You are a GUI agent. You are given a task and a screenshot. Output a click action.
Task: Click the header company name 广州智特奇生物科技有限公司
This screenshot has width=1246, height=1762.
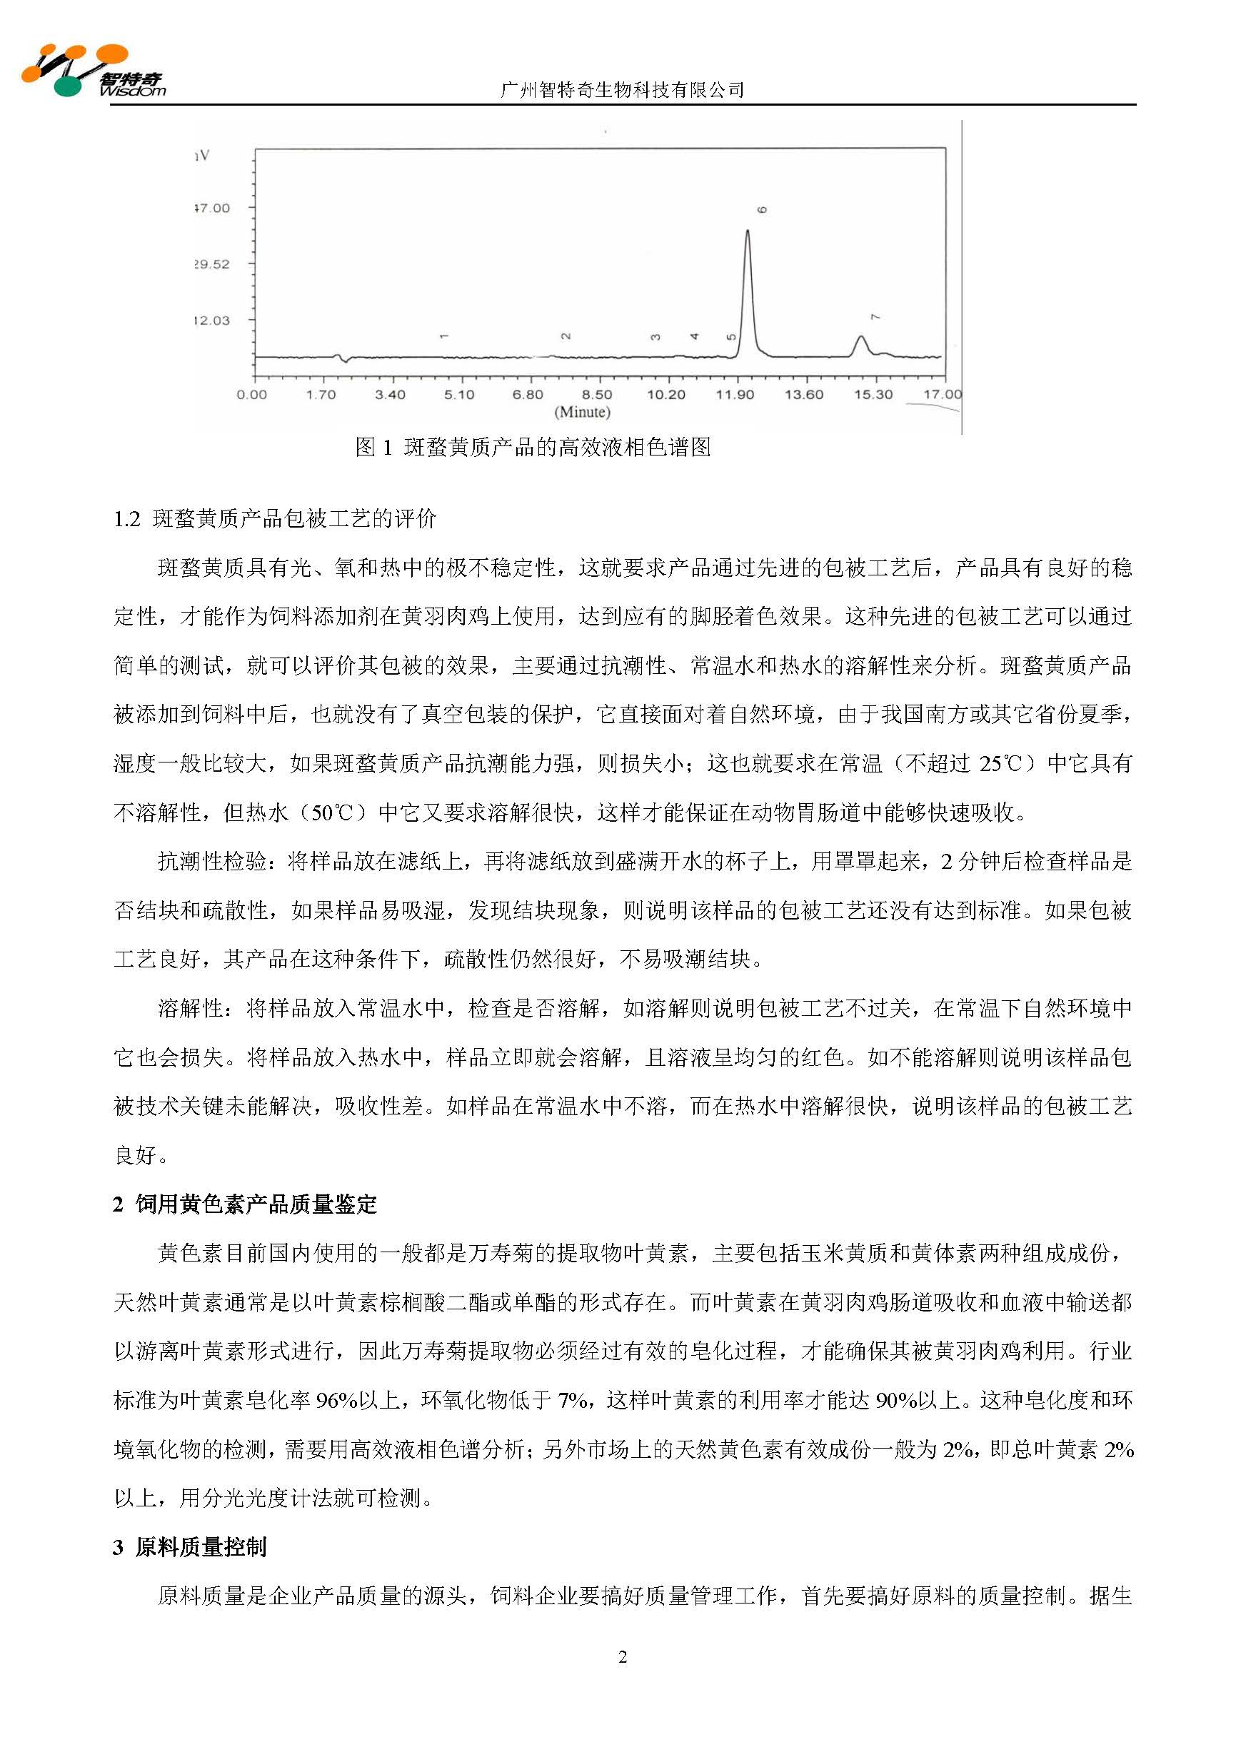pos(622,90)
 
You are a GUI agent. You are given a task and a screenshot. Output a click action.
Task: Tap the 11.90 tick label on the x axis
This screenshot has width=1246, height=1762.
pos(735,395)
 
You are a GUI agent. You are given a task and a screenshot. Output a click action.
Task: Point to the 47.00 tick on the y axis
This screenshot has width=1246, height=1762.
pos(212,208)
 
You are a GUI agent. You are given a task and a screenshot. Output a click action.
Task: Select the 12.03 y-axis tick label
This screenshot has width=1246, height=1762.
pos(212,321)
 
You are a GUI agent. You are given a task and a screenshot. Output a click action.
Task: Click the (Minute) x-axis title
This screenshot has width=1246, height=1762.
pos(582,412)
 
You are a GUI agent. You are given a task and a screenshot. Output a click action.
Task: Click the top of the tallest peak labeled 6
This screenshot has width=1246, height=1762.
pos(747,231)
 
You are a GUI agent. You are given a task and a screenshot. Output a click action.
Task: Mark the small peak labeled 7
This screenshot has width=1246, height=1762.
pos(860,338)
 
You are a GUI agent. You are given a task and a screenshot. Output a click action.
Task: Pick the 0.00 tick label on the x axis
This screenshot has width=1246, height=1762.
pos(252,395)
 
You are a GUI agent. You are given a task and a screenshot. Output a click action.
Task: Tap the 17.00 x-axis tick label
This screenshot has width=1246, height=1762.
pos(942,395)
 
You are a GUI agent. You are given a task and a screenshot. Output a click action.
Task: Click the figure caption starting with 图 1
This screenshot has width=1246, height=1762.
pos(533,448)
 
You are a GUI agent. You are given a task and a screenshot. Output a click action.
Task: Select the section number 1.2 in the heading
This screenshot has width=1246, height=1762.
pos(126,520)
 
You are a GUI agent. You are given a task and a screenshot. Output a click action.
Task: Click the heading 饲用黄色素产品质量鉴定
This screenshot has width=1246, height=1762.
pos(256,1204)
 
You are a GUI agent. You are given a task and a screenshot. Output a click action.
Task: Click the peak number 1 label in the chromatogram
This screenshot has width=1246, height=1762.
pos(443,336)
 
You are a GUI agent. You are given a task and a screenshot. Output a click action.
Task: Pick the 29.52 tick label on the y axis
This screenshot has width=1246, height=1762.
pos(212,265)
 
